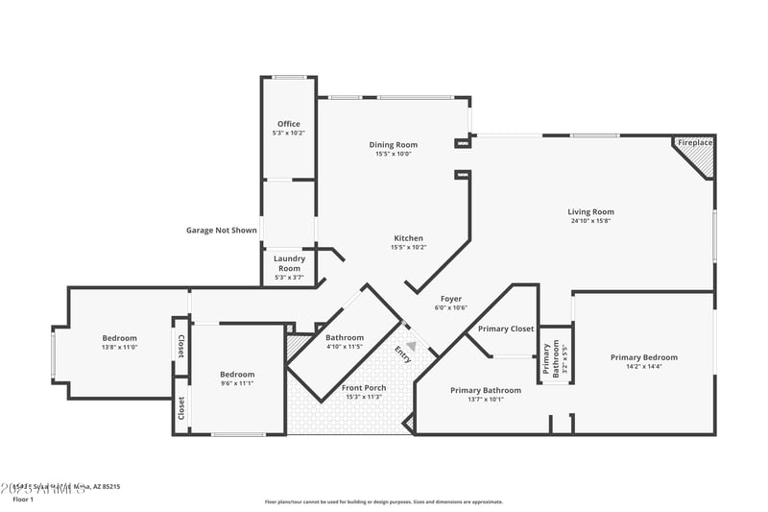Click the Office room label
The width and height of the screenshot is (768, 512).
(289, 124)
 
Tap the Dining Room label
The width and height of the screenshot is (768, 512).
(394, 145)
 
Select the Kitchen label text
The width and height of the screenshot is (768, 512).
(408, 238)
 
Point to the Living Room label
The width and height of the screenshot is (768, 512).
(590, 211)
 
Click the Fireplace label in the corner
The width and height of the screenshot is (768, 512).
(695, 143)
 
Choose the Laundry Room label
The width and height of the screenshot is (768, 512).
(289, 263)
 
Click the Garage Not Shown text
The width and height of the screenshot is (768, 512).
(222, 231)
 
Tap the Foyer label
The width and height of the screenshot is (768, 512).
(451, 299)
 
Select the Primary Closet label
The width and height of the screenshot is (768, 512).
(506, 329)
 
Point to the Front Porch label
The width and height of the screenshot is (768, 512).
(363, 388)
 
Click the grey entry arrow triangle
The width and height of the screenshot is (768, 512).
(411, 346)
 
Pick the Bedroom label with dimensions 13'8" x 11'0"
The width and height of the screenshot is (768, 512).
(120, 338)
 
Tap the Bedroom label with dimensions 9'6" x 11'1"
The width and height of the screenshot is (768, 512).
(237, 375)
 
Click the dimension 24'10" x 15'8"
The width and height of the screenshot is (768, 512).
(590, 221)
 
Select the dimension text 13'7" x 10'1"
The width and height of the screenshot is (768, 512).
(485, 400)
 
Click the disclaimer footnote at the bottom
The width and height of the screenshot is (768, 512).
(384, 500)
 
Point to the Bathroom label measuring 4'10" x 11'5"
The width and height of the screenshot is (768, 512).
(344, 338)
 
